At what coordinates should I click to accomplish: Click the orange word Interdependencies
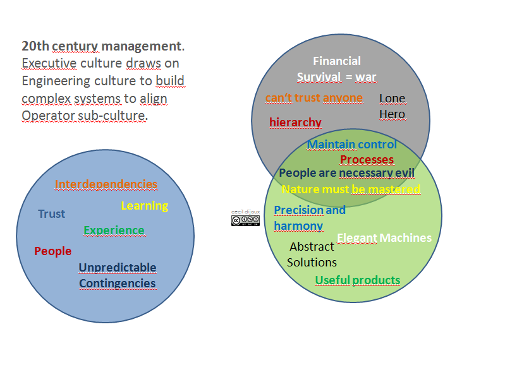[106, 184]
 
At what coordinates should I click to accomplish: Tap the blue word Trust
[51, 214]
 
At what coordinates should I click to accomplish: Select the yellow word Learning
[144, 206]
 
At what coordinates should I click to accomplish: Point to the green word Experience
[114, 230]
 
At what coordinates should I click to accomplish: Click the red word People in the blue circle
[52, 251]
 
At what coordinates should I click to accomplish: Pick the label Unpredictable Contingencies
[117, 275]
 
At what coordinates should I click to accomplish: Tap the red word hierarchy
[295, 122]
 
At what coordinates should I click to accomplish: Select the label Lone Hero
[392, 106]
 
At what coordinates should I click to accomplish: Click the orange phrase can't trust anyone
[314, 98]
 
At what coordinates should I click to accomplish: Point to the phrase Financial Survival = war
[337, 69]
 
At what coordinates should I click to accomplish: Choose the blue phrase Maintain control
[351, 145]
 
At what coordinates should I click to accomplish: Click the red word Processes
[367, 160]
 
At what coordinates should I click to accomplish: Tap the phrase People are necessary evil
[346, 173]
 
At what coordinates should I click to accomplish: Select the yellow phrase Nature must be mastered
[351, 189]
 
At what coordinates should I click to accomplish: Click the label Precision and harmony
[309, 218]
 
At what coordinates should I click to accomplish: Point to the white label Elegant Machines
[384, 238]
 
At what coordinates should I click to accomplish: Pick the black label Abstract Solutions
[312, 254]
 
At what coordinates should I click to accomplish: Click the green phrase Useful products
[357, 280]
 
